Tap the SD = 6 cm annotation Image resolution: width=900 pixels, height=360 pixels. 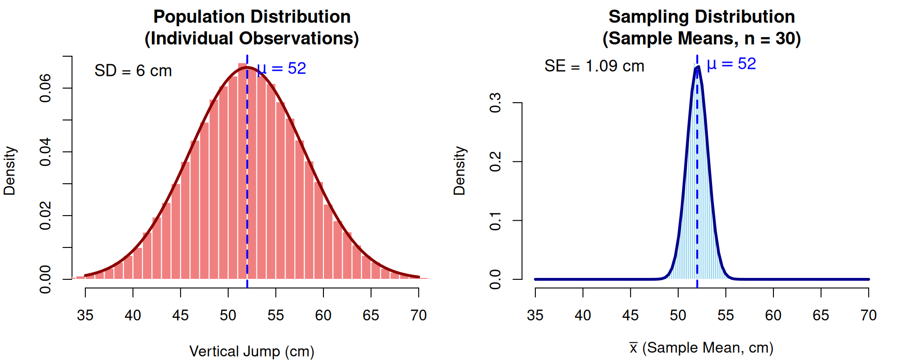pos(133,71)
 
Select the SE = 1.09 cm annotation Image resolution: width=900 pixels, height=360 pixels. pos(594,66)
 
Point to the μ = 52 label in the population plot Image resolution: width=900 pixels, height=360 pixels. pos(282,68)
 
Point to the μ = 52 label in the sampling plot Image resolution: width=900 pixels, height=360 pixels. pos(731,64)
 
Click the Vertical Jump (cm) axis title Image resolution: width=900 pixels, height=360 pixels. pos(252,351)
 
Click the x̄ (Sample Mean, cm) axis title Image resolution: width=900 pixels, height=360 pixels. pos(701,348)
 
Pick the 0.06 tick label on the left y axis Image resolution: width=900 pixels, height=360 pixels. pos(45,88)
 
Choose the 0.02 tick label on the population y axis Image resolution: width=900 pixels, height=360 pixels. pos(45,216)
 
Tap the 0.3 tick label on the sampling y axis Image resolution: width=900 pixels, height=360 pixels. pos(495,103)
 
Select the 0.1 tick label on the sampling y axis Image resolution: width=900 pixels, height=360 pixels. pos(495,220)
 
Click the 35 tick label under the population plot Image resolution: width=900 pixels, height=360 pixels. pos(85,315)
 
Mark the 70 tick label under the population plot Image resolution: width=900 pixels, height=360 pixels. pos(419,315)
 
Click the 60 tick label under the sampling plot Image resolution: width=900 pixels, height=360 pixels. pos(773,315)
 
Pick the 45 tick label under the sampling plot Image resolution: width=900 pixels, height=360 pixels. pos(630,315)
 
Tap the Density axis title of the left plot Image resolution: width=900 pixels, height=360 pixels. pos(10,171)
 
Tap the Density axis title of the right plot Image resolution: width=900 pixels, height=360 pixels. pos(460,171)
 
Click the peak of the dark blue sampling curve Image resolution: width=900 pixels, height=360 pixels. pos(697,67)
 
